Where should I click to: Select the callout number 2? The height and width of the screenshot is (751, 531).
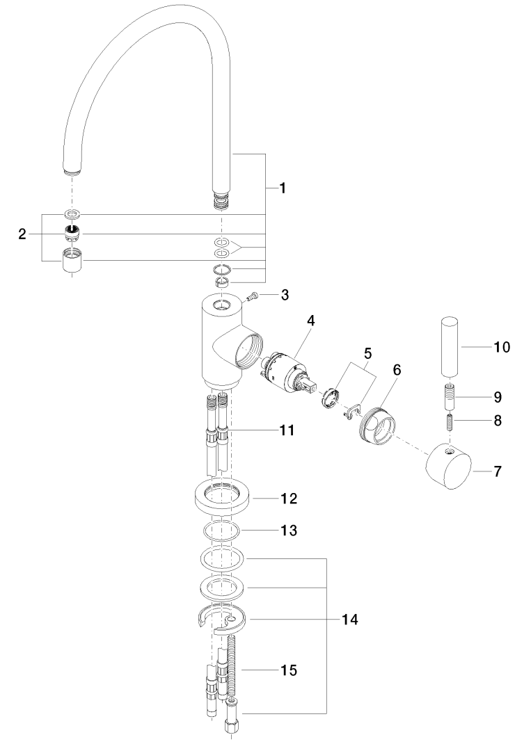click(x=23, y=235)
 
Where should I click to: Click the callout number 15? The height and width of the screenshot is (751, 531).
click(x=288, y=670)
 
